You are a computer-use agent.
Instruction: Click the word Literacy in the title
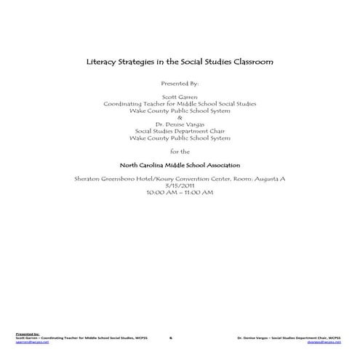pos(100,63)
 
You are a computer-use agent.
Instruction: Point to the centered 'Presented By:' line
pos(179,84)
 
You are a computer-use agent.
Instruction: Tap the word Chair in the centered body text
pos(212,131)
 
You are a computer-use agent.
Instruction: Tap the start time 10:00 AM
pos(161,192)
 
